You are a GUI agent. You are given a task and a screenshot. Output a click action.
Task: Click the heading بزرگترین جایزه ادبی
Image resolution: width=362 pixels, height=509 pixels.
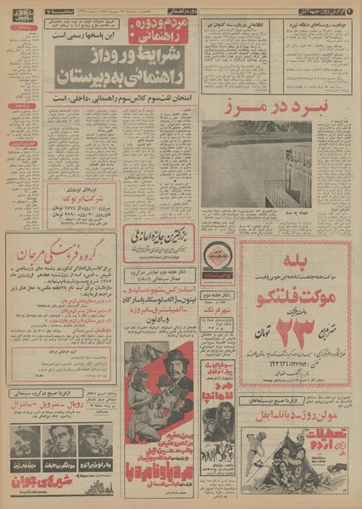[162, 234]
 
